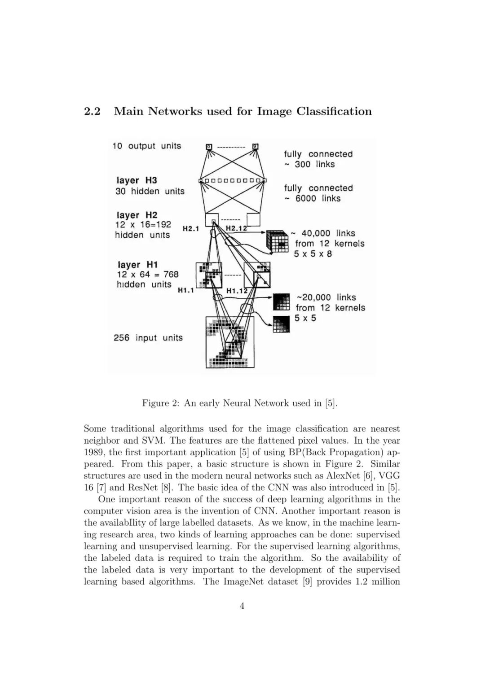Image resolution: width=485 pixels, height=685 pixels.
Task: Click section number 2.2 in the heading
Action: coord(92,111)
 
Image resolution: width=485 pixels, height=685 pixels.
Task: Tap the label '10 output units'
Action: coord(146,146)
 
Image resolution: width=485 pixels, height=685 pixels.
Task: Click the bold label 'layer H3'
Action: coord(137,180)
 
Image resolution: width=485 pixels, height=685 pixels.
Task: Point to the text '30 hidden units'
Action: coord(150,191)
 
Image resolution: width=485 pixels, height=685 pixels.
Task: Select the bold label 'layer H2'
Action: coord(137,215)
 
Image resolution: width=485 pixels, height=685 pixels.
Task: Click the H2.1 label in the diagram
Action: coord(190,229)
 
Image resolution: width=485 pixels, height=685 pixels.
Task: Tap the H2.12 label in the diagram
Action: coord(236,228)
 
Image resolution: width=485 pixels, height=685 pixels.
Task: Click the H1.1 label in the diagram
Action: coord(185,290)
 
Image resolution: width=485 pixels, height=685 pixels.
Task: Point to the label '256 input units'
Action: coord(148,338)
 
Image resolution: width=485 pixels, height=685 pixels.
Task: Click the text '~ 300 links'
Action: coord(309,164)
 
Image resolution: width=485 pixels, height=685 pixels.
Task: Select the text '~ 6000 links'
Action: coord(313,198)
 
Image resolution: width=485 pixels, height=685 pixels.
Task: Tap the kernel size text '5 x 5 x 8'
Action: coord(313,254)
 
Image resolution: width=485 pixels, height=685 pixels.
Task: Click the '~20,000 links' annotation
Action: coord(326,297)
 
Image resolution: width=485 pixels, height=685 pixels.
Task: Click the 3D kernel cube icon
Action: coord(277,241)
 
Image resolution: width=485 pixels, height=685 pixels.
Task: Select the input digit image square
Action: coord(230,342)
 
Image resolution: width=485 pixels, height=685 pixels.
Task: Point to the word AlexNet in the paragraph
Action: coord(345,476)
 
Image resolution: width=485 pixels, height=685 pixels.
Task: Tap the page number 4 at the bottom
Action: coord(242,606)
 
